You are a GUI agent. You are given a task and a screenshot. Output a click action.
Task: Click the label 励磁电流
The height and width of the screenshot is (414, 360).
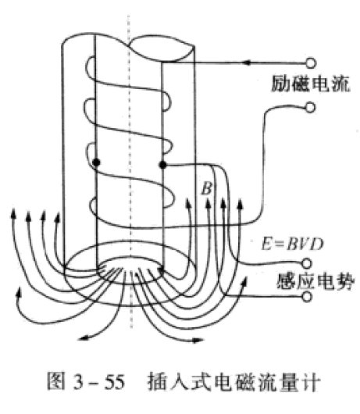311,84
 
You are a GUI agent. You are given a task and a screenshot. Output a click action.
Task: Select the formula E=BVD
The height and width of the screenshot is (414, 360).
292,244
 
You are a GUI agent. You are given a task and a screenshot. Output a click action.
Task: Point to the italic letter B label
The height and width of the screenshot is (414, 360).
207,188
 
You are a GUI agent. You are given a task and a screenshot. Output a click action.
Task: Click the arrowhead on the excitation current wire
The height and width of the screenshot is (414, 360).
247,62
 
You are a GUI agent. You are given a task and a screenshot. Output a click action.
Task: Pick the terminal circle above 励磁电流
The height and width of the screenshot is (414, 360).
311,63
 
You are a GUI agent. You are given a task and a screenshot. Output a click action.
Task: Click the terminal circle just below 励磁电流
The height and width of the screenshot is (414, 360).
310,108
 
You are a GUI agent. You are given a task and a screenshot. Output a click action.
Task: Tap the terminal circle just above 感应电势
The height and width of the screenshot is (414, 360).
307,263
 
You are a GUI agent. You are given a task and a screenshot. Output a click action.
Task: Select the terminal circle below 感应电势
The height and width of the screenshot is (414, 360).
307,297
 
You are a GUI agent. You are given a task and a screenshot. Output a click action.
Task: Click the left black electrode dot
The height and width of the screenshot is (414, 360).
97,162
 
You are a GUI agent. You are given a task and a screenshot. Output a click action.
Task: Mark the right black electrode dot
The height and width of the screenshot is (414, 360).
163,166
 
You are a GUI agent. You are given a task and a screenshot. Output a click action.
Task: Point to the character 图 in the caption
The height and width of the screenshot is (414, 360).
55,381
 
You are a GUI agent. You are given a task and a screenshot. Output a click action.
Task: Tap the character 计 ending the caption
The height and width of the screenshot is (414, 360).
312,381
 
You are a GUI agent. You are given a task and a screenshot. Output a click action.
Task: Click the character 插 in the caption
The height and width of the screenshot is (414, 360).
156,381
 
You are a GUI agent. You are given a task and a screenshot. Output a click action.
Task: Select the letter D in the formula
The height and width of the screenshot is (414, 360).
317,244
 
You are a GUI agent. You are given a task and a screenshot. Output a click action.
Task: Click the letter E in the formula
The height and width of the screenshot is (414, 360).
266,244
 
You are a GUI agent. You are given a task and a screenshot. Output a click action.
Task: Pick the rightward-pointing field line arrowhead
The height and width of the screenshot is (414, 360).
198,341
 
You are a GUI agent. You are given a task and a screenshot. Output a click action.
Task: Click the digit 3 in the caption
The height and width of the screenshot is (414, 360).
79,382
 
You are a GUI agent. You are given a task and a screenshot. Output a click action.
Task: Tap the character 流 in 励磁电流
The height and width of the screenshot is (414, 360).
341,84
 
